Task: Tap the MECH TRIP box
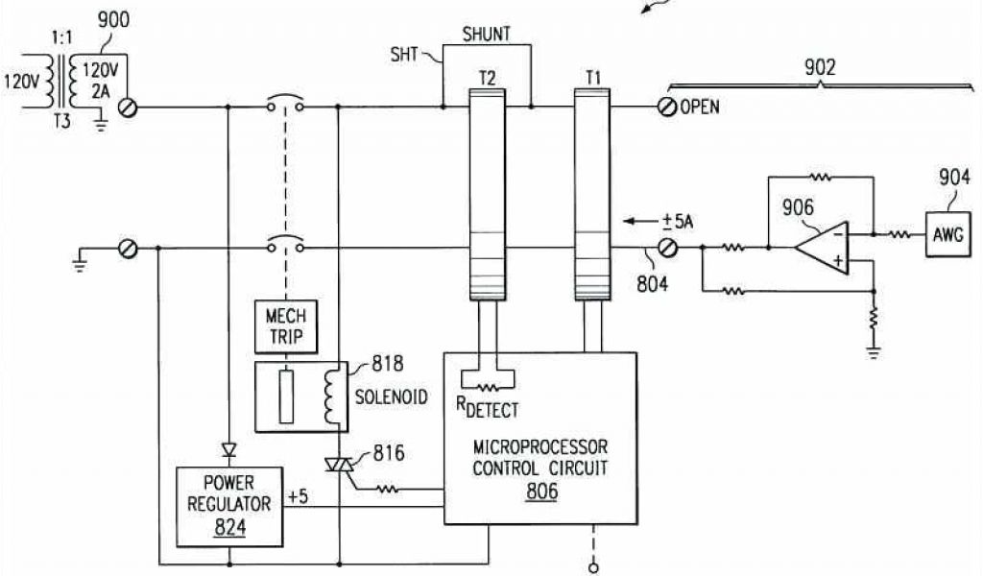click(x=283, y=326)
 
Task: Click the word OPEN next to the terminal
click(x=700, y=107)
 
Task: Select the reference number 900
click(x=114, y=20)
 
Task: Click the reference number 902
click(x=820, y=66)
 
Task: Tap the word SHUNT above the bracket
click(x=486, y=35)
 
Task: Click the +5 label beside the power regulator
click(x=298, y=497)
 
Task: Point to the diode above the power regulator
click(x=228, y=448)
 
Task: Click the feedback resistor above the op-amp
click(x=820, y=177)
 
